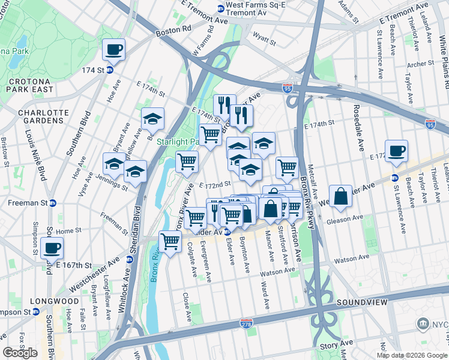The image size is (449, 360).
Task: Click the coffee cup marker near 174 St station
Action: point(113,50)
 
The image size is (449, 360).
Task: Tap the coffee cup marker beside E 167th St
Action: point(52,248)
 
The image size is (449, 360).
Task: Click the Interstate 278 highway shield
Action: point(246,323)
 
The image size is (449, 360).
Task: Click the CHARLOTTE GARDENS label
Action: point(41,116)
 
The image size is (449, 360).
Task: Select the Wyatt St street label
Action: point(264,43)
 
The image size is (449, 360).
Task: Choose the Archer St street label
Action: point(416,64)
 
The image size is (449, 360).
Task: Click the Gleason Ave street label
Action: point(345,220)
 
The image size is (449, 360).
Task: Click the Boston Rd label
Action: point(173,28)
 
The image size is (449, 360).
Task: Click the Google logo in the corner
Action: point(20,353)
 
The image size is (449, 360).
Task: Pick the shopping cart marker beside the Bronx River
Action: point(170,242)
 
